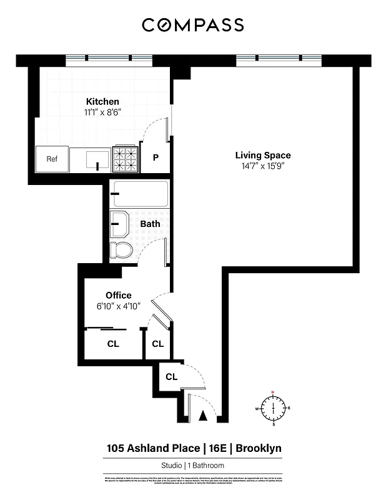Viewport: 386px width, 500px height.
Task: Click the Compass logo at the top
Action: pyautogui.click(x=192, y=25)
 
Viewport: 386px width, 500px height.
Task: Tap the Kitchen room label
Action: pyautogui.click(x=102, y=101)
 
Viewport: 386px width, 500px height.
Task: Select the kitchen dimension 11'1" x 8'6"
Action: pyautogui.click(x=102, y=112)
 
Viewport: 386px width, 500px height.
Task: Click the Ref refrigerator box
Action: pyautogui.click(x=52, y=159)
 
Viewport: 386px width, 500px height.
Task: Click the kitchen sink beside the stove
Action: pyautogui.click(x=91, y=159)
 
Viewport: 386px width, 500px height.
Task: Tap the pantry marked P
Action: pyautogui.click(x=156, y=158)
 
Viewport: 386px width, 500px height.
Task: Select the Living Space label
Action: pyautogui.click(x=262, y=155)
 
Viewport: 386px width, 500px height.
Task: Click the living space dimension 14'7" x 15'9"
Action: pyautogui.click(x=262, y=166)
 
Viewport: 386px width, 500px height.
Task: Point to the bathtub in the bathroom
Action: pyautogui.click(x=139, y=194)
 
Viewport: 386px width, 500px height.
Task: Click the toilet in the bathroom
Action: pyautogui.click(x=121, y=251)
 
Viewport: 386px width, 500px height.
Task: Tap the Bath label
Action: pyautogui.click(x=150, y=224)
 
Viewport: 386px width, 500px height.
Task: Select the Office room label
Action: pyautogui.click(x=118, y=295)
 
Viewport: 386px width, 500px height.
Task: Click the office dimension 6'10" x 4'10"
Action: pyautogui.click(x=118, y=306)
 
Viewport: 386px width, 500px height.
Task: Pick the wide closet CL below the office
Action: pyautogui.click(x=113, y=344)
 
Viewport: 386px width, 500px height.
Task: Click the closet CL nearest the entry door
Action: pyautogui.click(x=171, y=377)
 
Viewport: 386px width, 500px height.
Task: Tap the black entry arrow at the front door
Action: pyautogui.click(x=202, y=416)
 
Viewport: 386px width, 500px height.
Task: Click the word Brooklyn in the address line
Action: pyautogui.click(x=259, y=448)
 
